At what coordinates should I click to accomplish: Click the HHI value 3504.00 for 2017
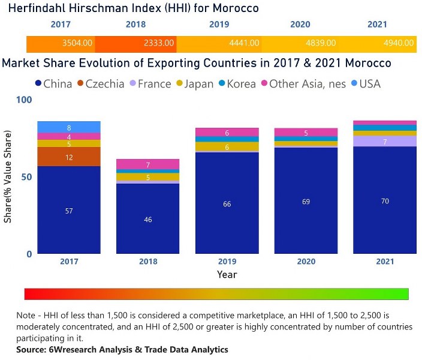(x=77, y=43)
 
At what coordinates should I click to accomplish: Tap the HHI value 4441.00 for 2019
(x=245, y=43)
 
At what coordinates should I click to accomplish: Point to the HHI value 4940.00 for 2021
(x=399, y=43)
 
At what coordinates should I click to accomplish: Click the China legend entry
(x=54, y=84)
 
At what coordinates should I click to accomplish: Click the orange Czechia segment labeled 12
(x=68, y=157)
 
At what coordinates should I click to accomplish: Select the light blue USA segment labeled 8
(x=68, y=127)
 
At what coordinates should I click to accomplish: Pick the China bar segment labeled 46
(x=147, y=219)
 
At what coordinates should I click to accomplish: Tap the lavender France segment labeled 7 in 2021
(x=385, y=142)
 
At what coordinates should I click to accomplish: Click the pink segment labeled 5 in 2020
(x=306, y=133)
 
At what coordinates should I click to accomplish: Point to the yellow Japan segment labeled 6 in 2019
(x=227, y=147)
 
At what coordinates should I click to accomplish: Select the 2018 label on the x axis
(x=147, y=262)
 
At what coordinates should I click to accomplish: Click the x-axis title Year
(x=227, y=275)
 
